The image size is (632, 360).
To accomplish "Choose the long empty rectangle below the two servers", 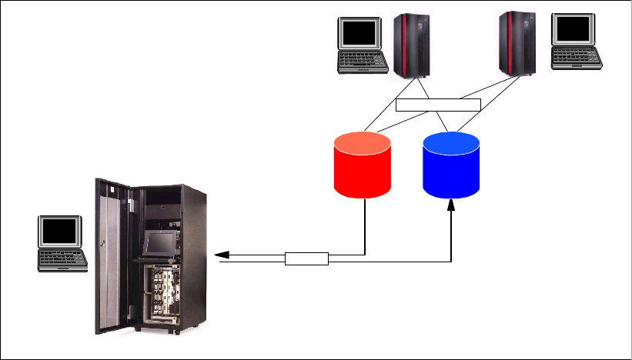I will click(x=438, y=105).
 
